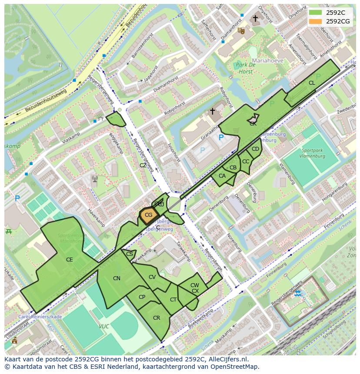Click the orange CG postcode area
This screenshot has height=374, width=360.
click(x=148, y=215)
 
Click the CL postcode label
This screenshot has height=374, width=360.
click(x=312, y=83)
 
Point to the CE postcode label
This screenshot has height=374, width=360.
click(x=69, y=260)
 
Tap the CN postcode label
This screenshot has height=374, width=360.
click(x=117, y=278)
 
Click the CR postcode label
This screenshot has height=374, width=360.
click(x=157, y=318)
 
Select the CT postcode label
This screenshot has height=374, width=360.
click(x=173, y=300)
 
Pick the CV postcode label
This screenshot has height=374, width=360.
click(x=152, y=277)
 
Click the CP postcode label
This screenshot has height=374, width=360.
click(x=142, y=297)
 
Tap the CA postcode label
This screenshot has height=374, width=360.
click(x=222, y=176)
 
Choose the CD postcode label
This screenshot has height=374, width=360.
click(x=255, y=149)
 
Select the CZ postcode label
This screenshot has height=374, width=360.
click(x=143, y=165)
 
